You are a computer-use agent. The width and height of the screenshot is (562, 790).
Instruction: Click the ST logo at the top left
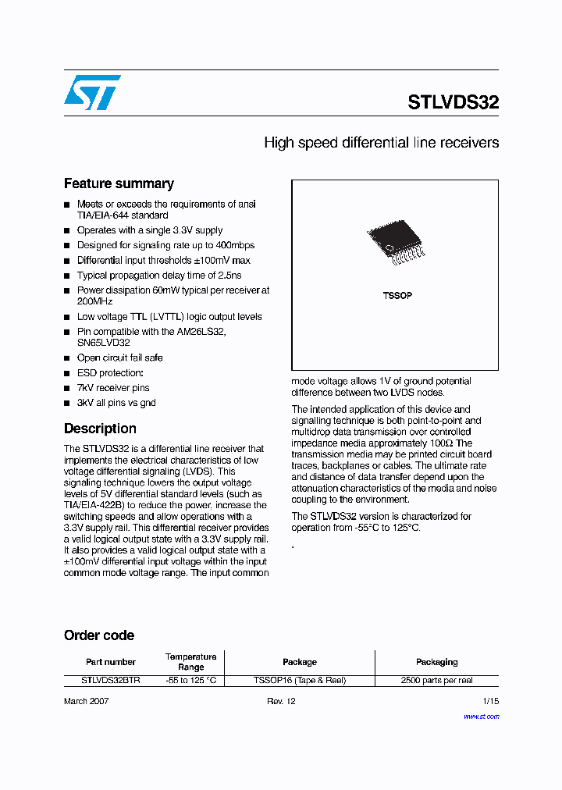pyautogui.click(x=92, y=92)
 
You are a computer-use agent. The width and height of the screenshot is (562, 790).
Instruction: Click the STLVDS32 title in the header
pyautogui.click(x=453, y=102)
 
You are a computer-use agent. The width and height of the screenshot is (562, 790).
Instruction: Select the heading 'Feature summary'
pyautogui.click(x=119, y=184)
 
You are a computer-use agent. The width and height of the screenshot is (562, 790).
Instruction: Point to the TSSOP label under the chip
pyautogui.click(x=397, y=296)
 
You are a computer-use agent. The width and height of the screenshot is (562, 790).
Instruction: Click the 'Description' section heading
pyautogui.click(x=100, y=429)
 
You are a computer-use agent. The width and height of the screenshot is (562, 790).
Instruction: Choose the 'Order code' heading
pyautogui.click(x=99, y=635)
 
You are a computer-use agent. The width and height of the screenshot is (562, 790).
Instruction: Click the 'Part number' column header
pyautogui.click(x=111, y=662)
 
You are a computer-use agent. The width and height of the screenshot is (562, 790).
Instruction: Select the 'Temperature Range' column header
pyautogui.click(x=190, y=662)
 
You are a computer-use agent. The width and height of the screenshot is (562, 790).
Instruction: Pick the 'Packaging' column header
pyautogui.click(x=436, y=662)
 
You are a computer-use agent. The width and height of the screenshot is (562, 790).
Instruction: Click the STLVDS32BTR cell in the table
pyautogui.click(x=111, y=681)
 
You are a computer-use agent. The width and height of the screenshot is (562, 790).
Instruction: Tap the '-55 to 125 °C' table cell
pyautogui.click(x=190, y=681)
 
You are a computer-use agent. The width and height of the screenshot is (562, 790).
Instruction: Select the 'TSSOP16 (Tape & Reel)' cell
pyautogui.click(x=300, y=681)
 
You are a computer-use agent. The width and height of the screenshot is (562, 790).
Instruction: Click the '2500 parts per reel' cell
pyautogui.click(x=436, y=681)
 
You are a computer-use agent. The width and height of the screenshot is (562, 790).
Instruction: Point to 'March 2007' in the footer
pyautogui.click(x=86, y=701)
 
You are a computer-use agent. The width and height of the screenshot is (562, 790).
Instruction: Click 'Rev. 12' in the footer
pyautogui.click(x=282, y=701)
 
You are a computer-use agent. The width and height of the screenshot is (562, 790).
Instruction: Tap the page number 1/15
pyautogui.click(x=490, y=701)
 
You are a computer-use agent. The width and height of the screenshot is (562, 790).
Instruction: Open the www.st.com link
pyautogui.click(x=481, y=716)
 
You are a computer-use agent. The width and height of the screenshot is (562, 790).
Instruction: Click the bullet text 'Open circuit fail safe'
pyautogui.click(x=119, y=358)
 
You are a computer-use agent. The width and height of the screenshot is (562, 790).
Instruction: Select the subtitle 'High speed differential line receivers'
pyautogui.click(x=381, y=143)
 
